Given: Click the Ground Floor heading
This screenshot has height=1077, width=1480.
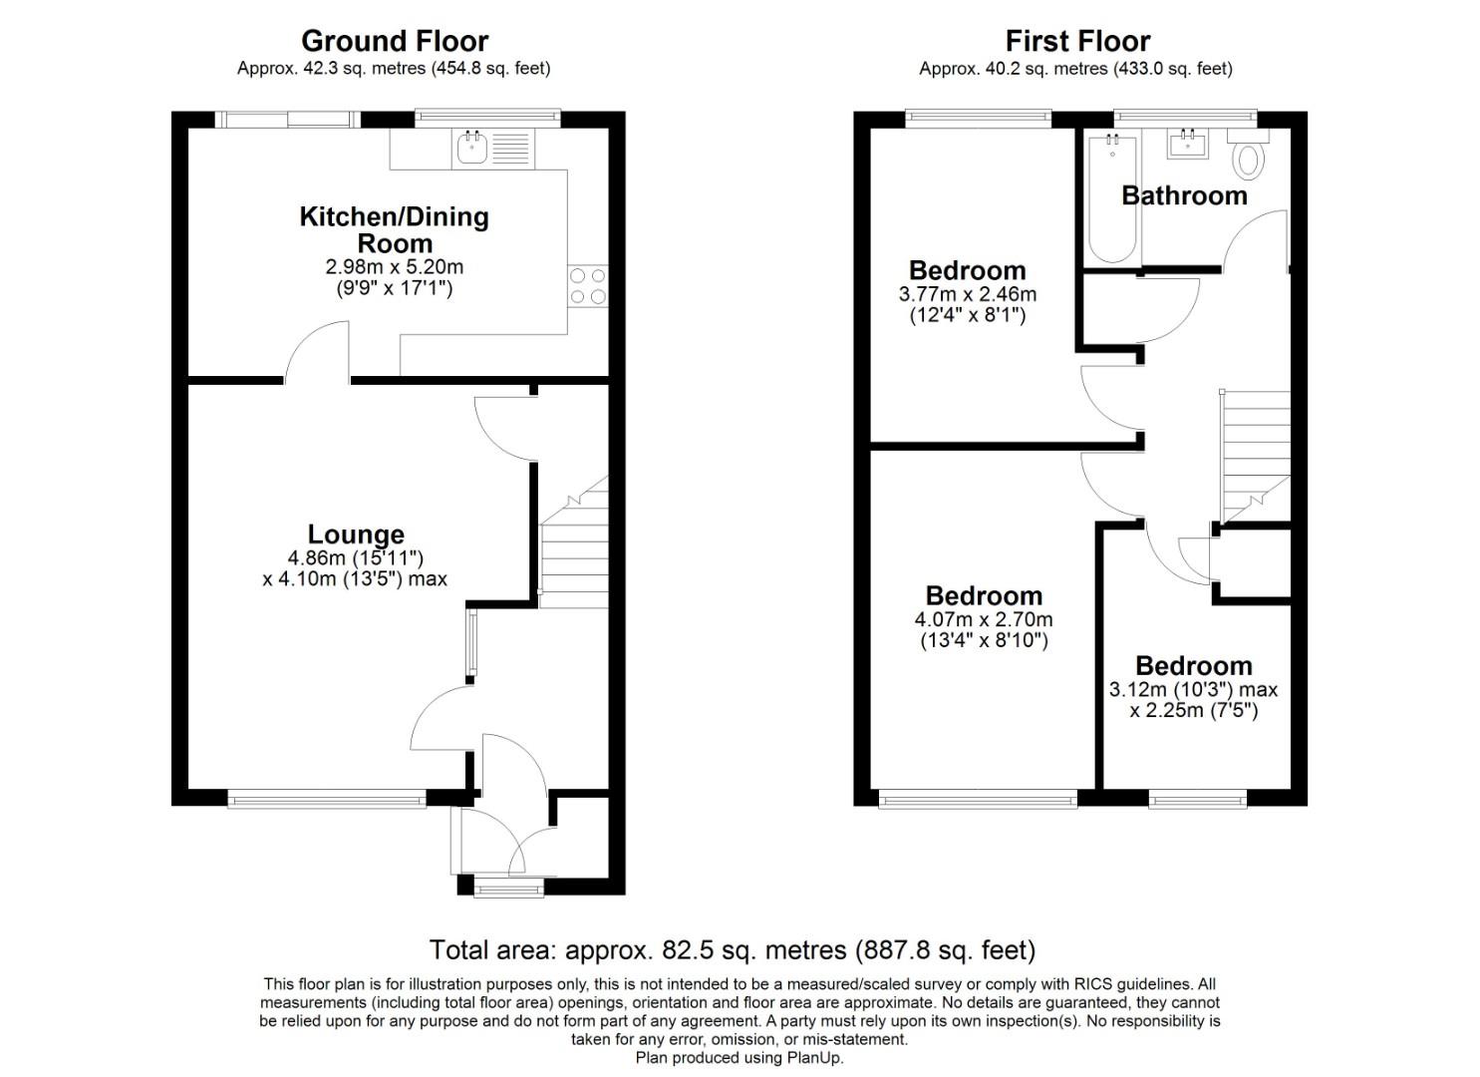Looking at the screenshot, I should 395,41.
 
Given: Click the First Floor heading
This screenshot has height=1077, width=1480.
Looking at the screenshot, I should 1076,41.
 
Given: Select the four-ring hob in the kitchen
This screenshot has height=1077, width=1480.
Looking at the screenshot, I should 587,285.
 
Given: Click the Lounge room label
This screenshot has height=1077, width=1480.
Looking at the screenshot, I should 356,535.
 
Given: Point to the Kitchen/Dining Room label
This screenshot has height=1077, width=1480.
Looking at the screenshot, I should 395,229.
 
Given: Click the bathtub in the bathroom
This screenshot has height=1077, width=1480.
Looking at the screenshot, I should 1112,199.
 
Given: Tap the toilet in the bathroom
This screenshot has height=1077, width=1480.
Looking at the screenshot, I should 1247,158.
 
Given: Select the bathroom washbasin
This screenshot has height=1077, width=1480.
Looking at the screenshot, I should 1188,146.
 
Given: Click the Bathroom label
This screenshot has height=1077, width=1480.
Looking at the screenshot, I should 1184,195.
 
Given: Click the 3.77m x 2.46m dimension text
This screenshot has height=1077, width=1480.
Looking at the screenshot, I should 967,294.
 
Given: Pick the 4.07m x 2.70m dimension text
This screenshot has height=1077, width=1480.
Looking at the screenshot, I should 983,619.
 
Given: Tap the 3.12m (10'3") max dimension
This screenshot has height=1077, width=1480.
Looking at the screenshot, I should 1193,689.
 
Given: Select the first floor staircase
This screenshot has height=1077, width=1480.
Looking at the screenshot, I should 1254,454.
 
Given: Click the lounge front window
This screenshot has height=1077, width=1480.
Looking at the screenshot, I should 327,798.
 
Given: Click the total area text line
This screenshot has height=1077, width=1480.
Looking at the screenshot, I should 733,949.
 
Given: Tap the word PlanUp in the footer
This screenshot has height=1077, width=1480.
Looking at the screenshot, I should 814,1058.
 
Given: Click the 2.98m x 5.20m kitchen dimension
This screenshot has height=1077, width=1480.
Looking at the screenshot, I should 395,267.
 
